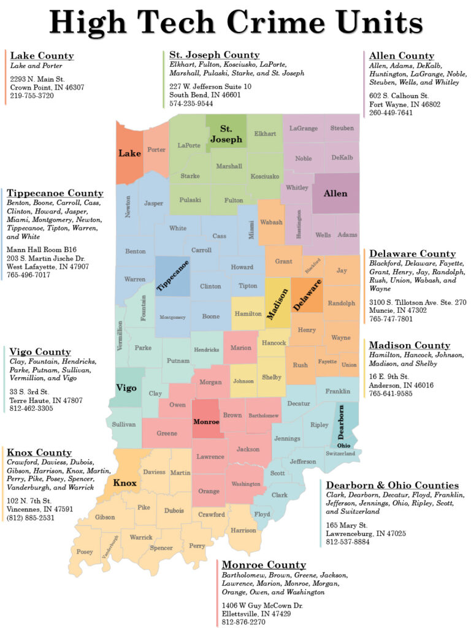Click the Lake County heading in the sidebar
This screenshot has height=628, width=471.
click(42, 56)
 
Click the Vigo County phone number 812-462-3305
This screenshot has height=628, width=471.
click(37, 409)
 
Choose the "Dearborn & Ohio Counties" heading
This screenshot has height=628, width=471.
click(392, 485)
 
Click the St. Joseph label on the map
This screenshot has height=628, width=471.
click(226, 134)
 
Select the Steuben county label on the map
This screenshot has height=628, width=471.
click(342, 128)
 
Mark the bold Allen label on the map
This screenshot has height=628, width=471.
click(335, 193)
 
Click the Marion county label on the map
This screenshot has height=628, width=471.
click(241, 348)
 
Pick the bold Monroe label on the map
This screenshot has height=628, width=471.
click(205, 423)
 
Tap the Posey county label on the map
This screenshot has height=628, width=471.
click(85, 552)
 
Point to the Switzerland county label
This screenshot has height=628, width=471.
click(340, 453)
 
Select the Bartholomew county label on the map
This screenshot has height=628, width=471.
click(262, 416)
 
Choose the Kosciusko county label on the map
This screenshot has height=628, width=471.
click(264, 176)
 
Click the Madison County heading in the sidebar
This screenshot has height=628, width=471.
click(410, 345)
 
